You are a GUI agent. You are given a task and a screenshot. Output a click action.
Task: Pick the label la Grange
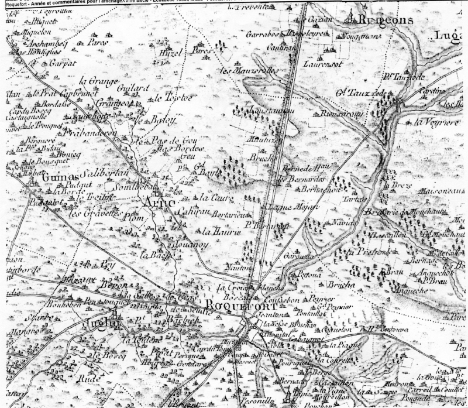(95, 81)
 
